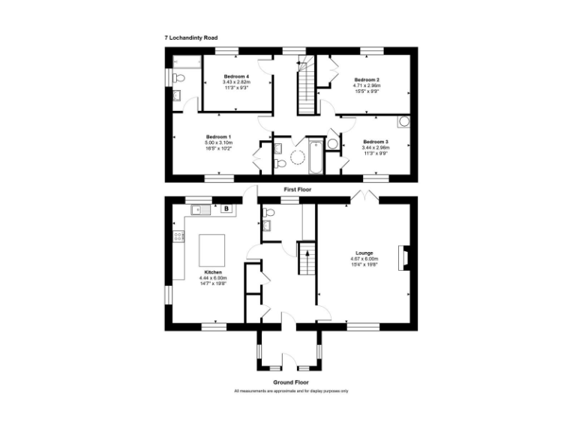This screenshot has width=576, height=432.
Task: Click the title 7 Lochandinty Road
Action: (191, 37)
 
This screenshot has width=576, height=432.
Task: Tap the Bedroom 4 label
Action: (236, 77)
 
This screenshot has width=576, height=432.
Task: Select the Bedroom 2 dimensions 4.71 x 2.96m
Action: (367, 85)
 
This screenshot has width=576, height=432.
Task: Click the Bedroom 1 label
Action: (218, 136)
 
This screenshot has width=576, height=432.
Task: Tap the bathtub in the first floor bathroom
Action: (314, 156)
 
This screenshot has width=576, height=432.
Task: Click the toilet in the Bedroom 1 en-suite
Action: (178, 77)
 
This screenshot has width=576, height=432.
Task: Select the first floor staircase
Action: (305, 90)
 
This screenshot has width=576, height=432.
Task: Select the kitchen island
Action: (211, 247)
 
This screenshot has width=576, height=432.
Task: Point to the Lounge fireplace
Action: (403, 258)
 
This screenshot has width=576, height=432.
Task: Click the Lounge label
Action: (365, 253)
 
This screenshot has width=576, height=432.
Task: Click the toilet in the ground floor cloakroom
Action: (268, 213)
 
